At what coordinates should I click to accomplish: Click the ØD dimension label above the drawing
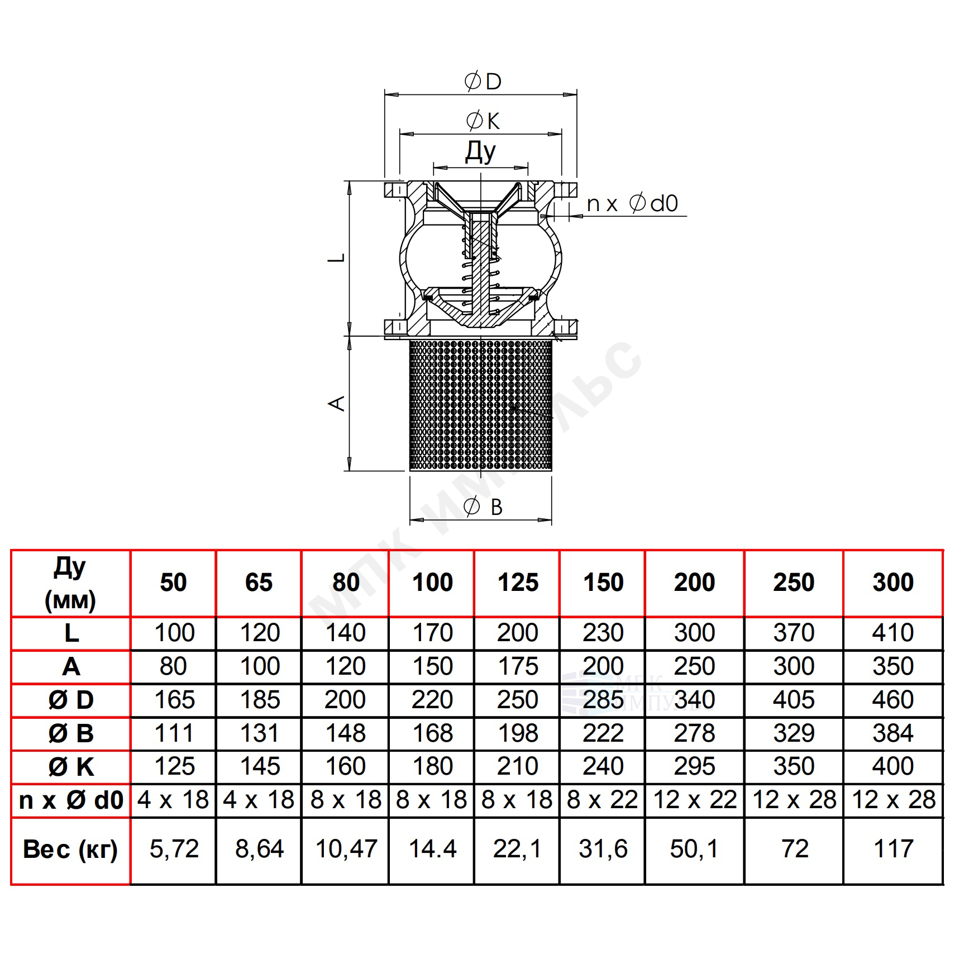pyautogui.click(x=483, y=82)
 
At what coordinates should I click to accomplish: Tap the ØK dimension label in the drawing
pyautogui.click(x=483, y=121)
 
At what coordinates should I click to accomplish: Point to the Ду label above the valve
pyautogui.click(x=480, y=151)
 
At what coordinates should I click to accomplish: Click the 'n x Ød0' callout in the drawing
pyautogui.click(x=632, y=203)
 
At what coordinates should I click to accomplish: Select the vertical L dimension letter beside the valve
pyautogui.click(x=337, y=258)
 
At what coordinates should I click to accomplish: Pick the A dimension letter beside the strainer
pyautogui.click(x=337, y=403)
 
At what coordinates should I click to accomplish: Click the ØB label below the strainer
pyautogui.click(x=483, y=507)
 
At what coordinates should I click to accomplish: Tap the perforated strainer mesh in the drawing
pyautogui.click(x=481, y=405)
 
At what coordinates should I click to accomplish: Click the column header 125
pyautogui.click(x=518, y=583)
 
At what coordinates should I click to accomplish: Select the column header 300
pyautogui.click(x=893, y=583)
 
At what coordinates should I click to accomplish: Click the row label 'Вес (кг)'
pyautogui.click(x=70, y=850)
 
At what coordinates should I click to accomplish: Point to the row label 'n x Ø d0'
pyautogui.click(x=71, y=800)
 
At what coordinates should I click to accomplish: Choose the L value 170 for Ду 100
pyautogui.click(x=432, y=633)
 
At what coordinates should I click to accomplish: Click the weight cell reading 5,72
pyautogui.click(x=174, y=850)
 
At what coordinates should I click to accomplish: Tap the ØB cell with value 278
pyautogui.click(x=694, y=733)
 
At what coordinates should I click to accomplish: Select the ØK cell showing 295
pyautogui.click(x=694, y=766)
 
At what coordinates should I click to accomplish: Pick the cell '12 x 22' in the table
pyautogui.click(x=695, y=800)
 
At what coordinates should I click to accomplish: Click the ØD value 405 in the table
pyautogui.click(x=794, y=700)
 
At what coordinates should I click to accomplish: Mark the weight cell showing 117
pyautogui.click(x=894, y=850)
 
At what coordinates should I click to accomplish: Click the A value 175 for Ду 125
pyautogui.click(x=518, y=666)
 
